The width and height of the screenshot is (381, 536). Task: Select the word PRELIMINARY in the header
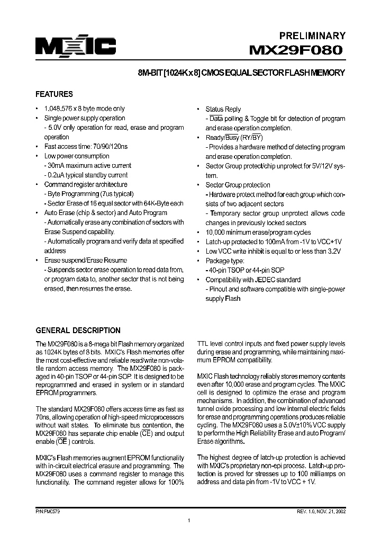[312, 36]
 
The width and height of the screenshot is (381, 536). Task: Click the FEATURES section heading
[54, 94]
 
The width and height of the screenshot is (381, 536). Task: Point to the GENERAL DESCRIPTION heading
[78, 330]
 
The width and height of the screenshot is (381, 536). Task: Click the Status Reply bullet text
[223, 109]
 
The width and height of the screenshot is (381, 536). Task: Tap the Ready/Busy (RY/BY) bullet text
[233, 138]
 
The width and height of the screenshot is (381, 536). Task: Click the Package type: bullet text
[225, 261]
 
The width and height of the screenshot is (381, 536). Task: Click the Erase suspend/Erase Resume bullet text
[85, 260]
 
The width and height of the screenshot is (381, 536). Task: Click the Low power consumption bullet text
[76, 156]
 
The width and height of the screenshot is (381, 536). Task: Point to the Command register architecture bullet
[85, 185]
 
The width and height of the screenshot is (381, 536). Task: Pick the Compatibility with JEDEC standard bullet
[253, 280]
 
